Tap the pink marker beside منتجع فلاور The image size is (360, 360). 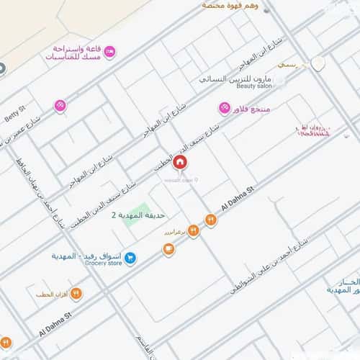(224, 108)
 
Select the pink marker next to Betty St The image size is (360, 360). (60, 105)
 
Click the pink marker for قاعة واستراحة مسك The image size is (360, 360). (109, 52)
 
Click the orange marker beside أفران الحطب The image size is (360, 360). (76, 294)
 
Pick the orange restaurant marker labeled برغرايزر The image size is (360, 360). (193, 230)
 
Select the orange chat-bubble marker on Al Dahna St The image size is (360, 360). (168, 249)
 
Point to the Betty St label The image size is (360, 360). (14, 114)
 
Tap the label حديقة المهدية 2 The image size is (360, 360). (138, 215)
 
